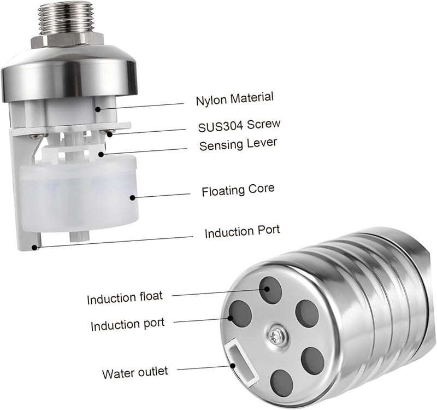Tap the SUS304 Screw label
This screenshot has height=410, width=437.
[239, 126]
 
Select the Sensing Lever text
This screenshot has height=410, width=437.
[238, 144]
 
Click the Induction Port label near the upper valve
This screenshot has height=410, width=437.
[242, 231]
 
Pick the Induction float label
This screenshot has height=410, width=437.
[125, 298]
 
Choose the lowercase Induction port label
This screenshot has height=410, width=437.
[128, 324]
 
